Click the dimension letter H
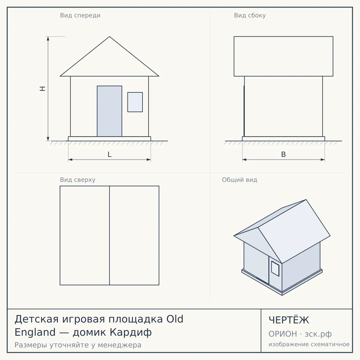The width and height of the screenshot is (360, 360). point(43,88)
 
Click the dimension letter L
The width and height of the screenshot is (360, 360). point(109,154)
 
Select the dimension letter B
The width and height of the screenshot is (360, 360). point(283,154)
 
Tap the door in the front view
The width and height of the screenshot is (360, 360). point(109,111)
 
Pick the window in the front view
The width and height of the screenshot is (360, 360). point(135,102)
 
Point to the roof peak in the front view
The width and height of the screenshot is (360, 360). point(109,37)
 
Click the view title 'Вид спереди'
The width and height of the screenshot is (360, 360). point(80,15)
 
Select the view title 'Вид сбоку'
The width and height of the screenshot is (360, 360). point(250,15)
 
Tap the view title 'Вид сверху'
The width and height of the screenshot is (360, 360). point(77,180)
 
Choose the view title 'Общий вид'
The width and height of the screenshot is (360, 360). point(239,180)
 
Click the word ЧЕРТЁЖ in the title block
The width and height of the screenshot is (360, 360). point(289,320)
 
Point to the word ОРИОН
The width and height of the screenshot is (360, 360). point(283,334)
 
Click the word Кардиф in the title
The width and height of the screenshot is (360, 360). point(130,332)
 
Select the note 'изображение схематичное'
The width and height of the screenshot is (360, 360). point(309,344)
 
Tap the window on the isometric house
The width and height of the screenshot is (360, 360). point(275,268)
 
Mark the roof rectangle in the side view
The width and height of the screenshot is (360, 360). point(283,56)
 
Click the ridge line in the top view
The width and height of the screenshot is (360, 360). point(109,235)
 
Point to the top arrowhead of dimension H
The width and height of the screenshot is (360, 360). point(48,38)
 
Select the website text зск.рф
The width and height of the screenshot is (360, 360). point(318,334)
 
